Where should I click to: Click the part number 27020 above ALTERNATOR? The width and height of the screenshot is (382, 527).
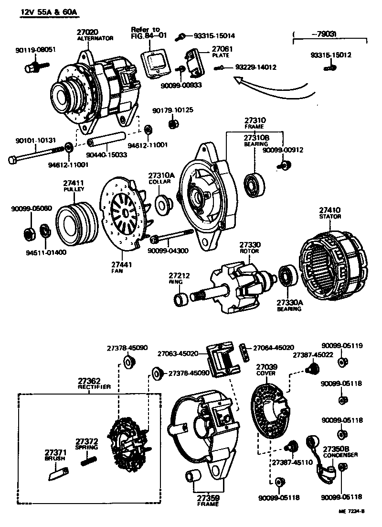(87, 32)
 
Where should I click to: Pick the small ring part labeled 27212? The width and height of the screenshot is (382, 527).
(181, 299)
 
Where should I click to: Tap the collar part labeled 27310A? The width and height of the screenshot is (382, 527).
(164, 204)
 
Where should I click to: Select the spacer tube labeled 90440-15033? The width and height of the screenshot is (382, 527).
(106, 139)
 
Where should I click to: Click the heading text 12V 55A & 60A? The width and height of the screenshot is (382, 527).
(49, 12)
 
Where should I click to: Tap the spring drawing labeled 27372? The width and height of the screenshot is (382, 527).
(89, 461)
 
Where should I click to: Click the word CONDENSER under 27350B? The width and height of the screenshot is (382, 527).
(340, 455)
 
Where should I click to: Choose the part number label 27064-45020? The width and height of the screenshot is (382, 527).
(274, 348)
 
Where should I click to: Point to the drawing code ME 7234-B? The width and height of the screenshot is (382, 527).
(352, 512)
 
